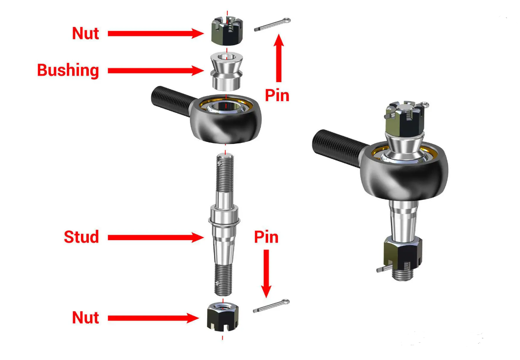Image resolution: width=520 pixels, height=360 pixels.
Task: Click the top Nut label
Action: [x=85, y=33]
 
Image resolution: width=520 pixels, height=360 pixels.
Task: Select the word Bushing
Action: [x=68, y=70]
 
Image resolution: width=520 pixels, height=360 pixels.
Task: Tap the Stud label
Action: [x=81, y=237]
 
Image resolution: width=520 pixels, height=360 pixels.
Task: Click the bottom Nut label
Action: [x=85, y=318]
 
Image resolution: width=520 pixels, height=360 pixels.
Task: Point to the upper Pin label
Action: [x=277, y=95]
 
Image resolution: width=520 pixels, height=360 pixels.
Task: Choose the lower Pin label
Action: [x=266, y=237]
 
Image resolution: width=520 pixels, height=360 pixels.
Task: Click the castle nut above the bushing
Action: [x=227, y=31]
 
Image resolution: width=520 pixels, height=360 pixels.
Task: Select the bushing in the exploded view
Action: [x=227, y=71]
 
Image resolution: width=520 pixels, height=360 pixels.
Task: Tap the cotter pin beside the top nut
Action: [x=272, y=25]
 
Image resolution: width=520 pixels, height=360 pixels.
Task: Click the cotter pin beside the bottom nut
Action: [x=271, y=306]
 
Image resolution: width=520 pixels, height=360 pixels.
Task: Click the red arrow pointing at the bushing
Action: [x=156, y=70]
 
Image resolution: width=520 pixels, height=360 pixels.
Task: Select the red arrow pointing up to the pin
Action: [x=279, y=58]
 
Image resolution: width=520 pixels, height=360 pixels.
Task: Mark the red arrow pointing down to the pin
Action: [x=266, y=274]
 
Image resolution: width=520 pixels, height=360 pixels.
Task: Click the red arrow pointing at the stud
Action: [x=156, y=237]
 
